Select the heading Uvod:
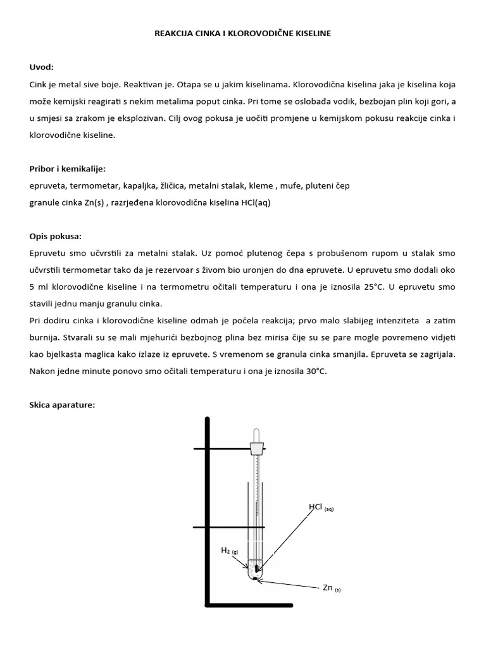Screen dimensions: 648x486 (42, 67)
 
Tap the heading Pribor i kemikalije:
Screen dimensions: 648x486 (68, 169)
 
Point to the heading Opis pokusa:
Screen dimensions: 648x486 (55, 236)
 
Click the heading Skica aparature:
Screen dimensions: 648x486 (62, 404)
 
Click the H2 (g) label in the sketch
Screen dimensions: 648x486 (229, 551)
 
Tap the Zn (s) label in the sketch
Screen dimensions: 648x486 (331, 588)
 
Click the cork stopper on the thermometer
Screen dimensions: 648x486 (257, 448)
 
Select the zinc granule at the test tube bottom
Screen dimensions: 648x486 (255, 576)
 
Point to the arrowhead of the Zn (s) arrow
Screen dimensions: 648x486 (260, 578)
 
